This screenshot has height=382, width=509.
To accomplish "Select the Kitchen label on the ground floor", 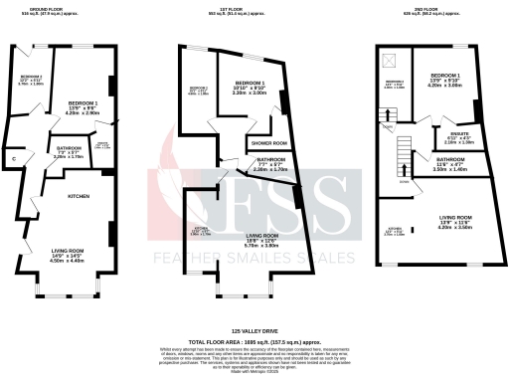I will (79, 196).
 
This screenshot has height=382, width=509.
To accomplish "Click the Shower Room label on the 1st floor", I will (262, 142).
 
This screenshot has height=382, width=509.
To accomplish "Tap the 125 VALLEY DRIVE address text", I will (254, 330).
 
